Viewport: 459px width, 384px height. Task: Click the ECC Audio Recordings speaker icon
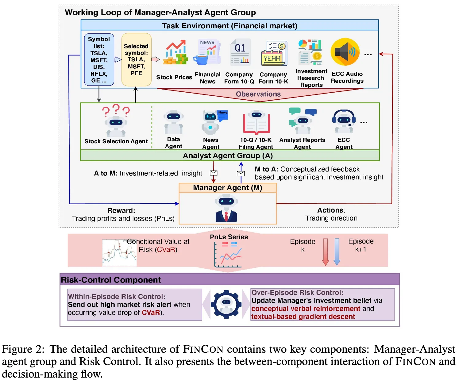click(x=345, y=52)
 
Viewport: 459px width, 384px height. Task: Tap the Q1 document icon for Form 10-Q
click(x=240, y=52)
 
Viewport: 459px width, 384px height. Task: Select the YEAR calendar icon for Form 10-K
click(x=274, y=53)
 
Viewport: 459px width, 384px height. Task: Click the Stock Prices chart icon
click(x=175, y=53)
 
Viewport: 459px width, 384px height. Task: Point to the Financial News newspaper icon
click(x=207, y=52)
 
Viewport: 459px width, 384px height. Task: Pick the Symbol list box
click(x=99, y=60)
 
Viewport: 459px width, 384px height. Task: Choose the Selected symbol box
click(x=136, y=60)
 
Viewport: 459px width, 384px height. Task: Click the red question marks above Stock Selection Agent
click(x=116, y=110)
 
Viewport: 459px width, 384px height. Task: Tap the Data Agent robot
click(x=173, y=122)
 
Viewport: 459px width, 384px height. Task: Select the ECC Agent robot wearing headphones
click(x=344, y=121)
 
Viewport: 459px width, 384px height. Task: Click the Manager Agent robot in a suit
click(x=226, y=209)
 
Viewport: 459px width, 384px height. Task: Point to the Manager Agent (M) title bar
click(x=227, y=188)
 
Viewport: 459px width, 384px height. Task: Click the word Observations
click(x=258, y=94)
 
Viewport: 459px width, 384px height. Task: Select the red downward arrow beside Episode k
click(x=326, y=252)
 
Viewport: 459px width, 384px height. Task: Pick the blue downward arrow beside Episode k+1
click(x=337, y=252)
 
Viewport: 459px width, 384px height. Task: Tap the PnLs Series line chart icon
click(x=228, y=255)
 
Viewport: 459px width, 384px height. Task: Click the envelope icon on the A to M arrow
click(x=214, y=173)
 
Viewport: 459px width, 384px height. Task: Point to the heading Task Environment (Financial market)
click(x=229, y=25)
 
